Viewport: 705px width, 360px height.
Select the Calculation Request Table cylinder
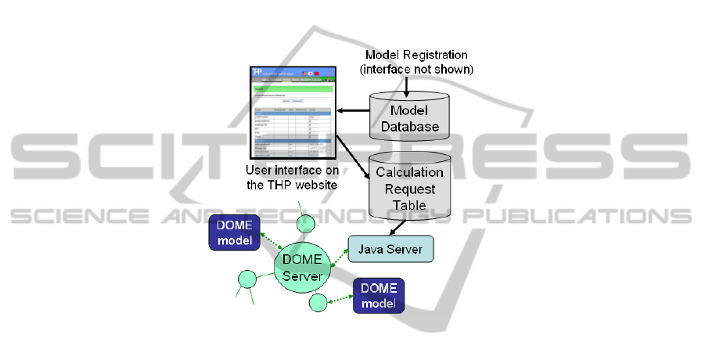[410, 189]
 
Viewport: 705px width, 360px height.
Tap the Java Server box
[388, 249]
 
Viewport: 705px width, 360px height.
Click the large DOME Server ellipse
[302, 266]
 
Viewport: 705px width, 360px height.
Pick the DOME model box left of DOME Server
[232, 233]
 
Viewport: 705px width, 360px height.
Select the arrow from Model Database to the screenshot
[354, 112]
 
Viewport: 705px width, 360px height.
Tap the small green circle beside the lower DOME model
[318, 302]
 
